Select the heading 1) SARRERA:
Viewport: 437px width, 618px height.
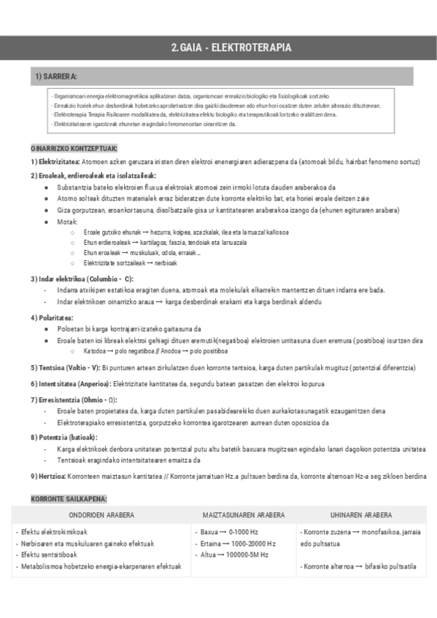coord(56,76)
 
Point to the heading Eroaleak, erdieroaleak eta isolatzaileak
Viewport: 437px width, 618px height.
coord(98,176)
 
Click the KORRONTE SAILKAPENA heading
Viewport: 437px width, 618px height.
coord(69,499)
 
